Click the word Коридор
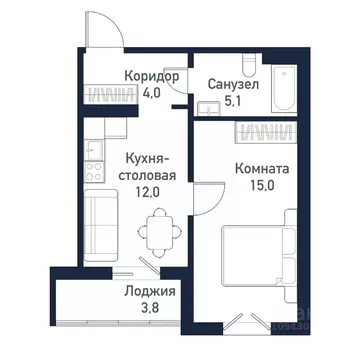point(152,76)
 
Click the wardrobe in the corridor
point(111,96)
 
